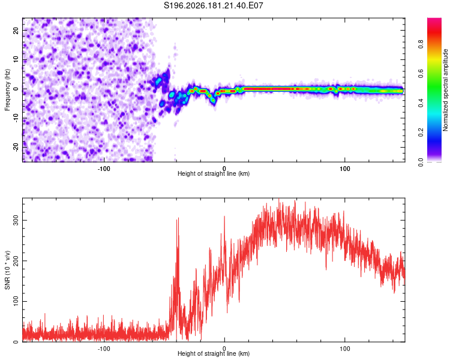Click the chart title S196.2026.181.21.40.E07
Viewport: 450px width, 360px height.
tap(213, 5)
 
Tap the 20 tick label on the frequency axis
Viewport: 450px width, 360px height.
tap(16, 31)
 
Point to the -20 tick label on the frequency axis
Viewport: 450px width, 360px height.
tap(16, 147)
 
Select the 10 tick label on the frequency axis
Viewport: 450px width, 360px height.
tap(16, 59)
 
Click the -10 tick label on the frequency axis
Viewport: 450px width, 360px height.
tap(16, 118)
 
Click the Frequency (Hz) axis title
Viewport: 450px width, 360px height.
tap(7, 90)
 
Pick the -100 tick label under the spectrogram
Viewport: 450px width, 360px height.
tap(104, 169)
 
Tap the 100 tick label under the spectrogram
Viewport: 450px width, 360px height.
tap(344, 169)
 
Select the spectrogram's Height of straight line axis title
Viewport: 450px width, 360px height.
tap(214, 173)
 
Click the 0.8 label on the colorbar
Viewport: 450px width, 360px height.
tap(421, 44)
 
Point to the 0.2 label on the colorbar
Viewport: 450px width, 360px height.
tap(421, 133)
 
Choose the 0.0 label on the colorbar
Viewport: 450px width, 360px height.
tap(421, 162)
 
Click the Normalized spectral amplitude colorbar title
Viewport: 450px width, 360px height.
tap(445, 90)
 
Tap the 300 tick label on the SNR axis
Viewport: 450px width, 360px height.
tap(16, 220)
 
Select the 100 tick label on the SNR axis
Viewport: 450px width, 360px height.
tap(16, 301)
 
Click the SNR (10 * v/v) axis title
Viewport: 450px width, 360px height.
tap(7, 270)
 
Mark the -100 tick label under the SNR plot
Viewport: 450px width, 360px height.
tap(104, 349)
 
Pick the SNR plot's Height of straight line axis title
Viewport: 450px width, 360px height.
tap(214, 353)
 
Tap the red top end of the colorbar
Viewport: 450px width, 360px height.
tap(434, 20)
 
